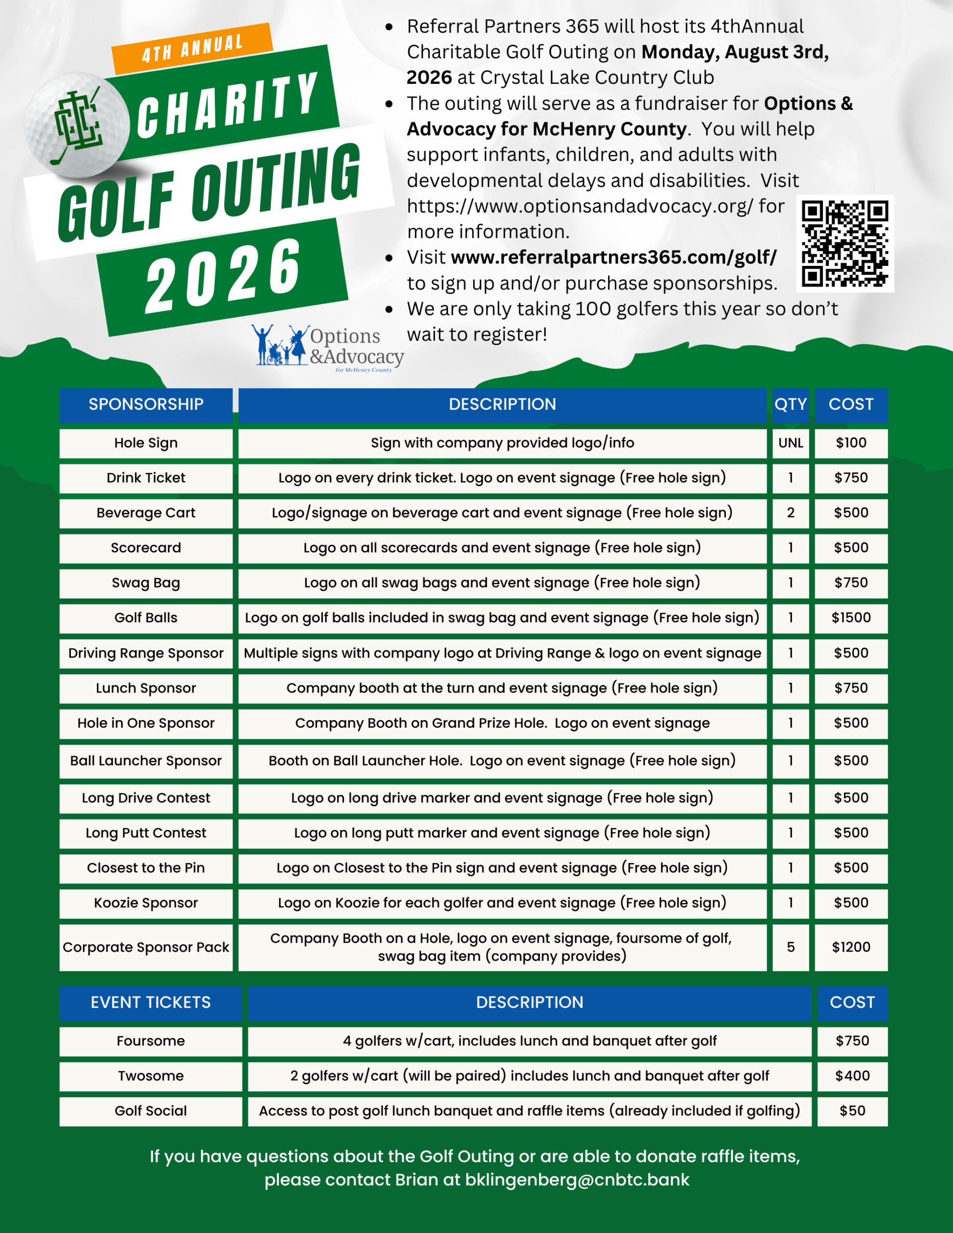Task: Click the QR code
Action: (x=845, y=243)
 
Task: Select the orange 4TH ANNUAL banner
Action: (x=192, y=48)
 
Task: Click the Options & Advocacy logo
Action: (x=328, y=348)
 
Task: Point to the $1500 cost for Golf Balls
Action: (x=851, y=617)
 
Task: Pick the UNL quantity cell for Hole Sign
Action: (x=790, y=443)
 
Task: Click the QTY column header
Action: (x=790, y=404)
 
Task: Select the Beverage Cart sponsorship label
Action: (x=146, y=513)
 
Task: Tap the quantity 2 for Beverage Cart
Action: (x=790, y=513)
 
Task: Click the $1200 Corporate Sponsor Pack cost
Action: (x=851, y=947)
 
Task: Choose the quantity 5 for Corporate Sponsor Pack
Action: (x=790, y=947)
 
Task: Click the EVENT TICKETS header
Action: (x=150, y=1003)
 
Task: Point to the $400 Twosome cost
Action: (x=852, y=1076)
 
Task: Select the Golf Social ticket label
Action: (x=150, y=1111)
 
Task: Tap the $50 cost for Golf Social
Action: (x=852, y=1111)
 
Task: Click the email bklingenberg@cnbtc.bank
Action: (x=577, y=1180)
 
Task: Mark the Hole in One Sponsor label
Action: (x=146, y=723)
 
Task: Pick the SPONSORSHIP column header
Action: (x=146, y=404)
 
